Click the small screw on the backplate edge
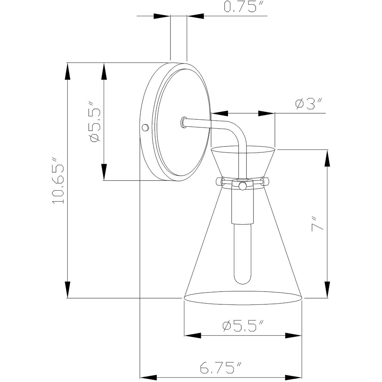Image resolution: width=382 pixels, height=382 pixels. [145, 127]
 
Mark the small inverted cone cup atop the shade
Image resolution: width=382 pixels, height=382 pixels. [243, 161]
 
